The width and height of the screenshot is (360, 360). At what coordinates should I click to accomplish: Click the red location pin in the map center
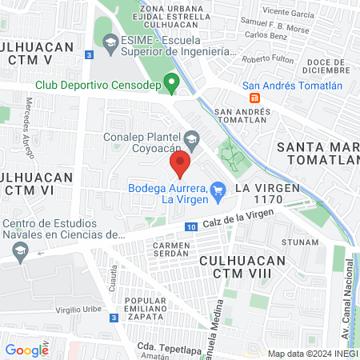(x=180, y=164)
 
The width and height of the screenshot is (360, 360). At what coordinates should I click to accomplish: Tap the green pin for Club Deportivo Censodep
(x=170, y=82)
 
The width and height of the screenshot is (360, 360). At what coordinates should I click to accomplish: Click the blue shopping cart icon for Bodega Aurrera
(x=219, y=190)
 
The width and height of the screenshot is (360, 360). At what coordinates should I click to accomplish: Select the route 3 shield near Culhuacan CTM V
(x=90, y=54)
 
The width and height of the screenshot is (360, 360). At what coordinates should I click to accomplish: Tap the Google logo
(x=26, y=350)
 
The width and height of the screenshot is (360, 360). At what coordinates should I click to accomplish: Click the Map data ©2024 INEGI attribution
(x=311, y=354)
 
